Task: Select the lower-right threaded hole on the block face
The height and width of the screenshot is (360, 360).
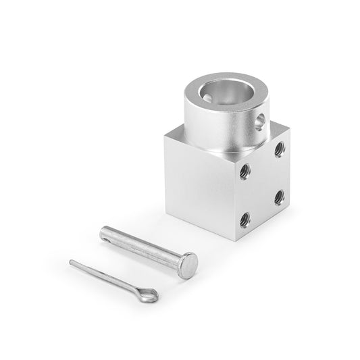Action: pos(278,198)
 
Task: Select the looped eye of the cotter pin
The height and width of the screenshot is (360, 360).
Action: pos(148,294)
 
